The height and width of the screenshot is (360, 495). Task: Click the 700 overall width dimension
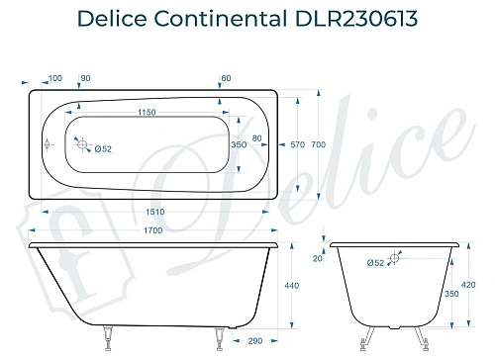pyautogui.click(x=318, y=144)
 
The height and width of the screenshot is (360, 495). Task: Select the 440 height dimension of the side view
pyautogui.click(x=292, y=285)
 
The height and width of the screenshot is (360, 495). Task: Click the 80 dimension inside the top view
pyautogui.click(x=257, y=137)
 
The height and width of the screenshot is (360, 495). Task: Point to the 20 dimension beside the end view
pyautogui.click(x=317, y=259)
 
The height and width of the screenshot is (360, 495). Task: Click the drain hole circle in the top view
pyautogui.click(x=84, y=143)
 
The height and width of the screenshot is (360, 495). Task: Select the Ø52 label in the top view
pyautogui.click(x=102, y=149)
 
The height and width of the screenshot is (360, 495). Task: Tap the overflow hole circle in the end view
pyautogui.click(x=394, y=259)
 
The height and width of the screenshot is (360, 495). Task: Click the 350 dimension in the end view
pyautogui.click(x=451, y=295)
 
